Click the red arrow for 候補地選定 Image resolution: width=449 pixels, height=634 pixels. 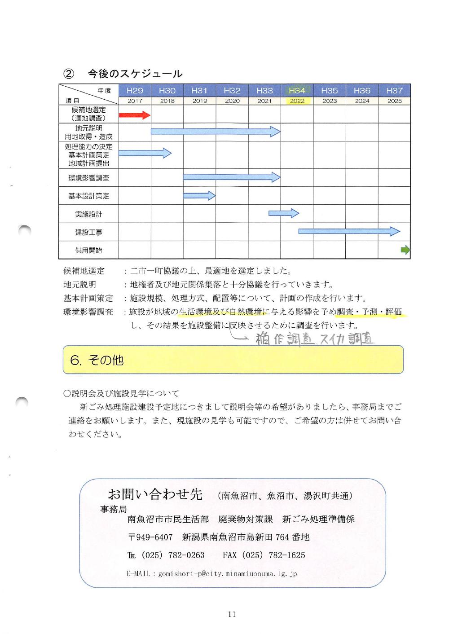[134, 115]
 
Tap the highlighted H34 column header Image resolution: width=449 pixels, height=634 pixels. [297, 91]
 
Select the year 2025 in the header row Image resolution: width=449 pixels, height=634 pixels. [394, 101]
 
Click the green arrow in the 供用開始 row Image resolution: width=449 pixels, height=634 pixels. [405, 250]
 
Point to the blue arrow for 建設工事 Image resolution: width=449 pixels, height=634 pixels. [349, 231]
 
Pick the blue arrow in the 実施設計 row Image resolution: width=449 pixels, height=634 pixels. [284, 213]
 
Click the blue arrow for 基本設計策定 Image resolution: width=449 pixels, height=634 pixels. [199, 195]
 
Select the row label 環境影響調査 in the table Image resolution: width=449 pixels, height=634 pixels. [88, 178]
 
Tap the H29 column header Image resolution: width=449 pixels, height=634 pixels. [135, 91]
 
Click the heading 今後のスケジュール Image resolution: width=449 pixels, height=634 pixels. [135, 73]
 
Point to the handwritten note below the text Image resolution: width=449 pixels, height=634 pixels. [314, 339]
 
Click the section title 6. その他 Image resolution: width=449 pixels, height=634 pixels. [97, 360]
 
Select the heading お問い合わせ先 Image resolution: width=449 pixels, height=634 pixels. [155, 494]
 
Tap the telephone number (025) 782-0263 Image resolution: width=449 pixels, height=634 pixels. [173, 555]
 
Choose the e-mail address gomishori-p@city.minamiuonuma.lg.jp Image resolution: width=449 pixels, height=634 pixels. [227, 573]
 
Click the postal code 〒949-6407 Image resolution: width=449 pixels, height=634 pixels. [150, 537]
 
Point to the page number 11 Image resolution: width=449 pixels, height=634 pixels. [232, 614]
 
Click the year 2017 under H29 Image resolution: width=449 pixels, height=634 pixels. [135, 101]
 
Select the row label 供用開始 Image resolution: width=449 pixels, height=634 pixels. [88, 250]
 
